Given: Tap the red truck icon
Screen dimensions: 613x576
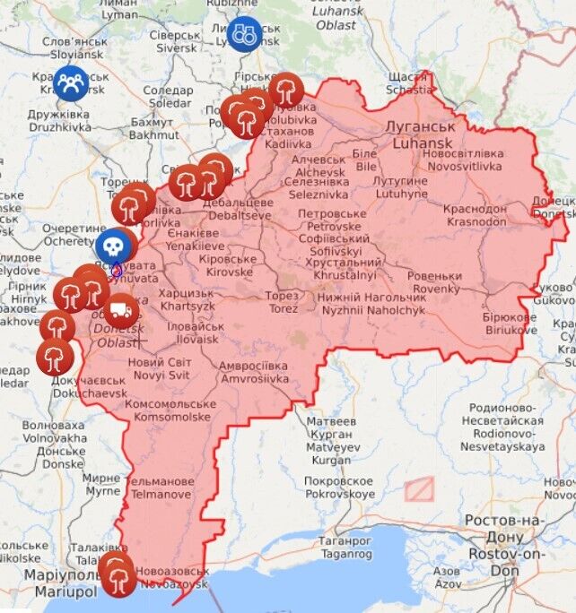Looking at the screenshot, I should [x=121, y=312].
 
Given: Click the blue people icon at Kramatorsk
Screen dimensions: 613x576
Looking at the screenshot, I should [x=70, y=83].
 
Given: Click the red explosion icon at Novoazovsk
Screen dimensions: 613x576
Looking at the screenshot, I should [x=118, y=574].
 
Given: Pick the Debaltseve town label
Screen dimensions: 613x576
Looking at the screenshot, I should [x=231, y=209].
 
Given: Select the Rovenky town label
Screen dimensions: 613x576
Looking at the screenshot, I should [x=436, y=282].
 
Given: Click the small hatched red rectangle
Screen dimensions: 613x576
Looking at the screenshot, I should [x=418, y=488].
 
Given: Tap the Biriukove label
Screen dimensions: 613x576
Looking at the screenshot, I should [x=509, y=323].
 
